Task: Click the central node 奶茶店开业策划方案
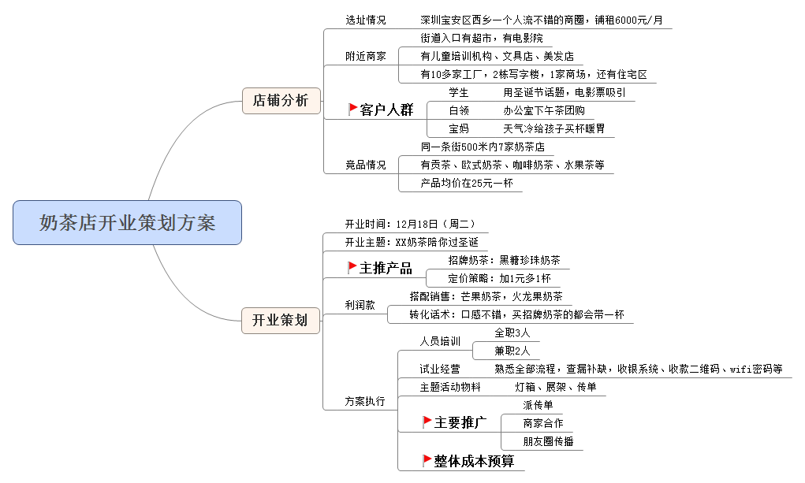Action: (127, 223)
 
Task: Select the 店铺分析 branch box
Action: (281, 101)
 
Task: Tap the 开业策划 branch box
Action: (281, 320)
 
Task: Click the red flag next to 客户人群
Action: (352, 109)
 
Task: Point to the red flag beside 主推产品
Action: (352, 267)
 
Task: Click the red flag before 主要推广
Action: (427, 422)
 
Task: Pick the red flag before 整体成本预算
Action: (427, 460)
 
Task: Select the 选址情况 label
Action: (366, 20)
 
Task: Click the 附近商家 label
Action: (366, 56)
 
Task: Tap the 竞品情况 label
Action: (366, 165)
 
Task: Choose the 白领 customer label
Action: (459, 110)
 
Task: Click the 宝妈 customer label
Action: (459, 128)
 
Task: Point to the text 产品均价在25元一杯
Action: (467, 184)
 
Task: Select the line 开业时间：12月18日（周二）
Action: (410, 224)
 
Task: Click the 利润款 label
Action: (360, 305)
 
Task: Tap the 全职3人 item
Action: (512, 333)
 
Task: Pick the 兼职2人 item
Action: (512, 351)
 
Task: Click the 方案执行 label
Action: (365, 401)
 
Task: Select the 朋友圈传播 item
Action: (548, 441)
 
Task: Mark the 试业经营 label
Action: (440, 369)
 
